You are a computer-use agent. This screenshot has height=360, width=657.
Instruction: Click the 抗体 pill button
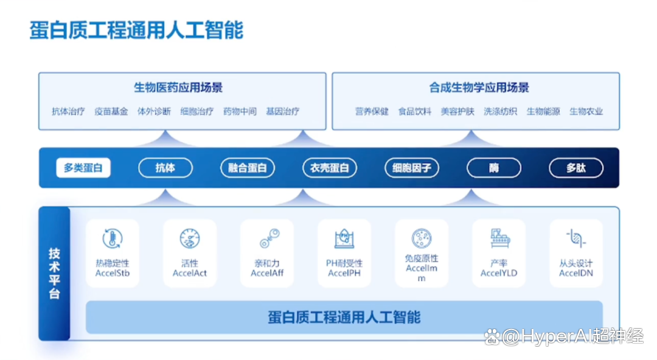165,168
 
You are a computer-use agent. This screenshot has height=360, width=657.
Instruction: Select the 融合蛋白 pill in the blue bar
248,168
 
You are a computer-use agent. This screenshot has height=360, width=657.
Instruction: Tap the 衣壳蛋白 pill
330,168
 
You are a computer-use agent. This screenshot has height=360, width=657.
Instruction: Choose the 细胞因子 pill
412,168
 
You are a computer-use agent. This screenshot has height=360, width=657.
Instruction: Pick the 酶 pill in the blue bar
494,168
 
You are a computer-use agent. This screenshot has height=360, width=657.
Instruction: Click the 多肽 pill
576,168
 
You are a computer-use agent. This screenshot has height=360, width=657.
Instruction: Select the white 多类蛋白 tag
83,168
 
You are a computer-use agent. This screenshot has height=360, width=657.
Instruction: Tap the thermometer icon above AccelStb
113,239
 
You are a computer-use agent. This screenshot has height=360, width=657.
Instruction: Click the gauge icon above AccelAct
190,239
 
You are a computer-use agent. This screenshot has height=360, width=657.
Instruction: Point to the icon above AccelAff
269,238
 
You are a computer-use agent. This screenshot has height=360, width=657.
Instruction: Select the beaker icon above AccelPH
344,239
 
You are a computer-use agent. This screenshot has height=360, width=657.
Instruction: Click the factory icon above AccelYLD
500,238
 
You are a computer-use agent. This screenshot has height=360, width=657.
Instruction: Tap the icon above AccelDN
576,238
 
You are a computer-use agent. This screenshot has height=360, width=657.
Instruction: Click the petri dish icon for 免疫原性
422,239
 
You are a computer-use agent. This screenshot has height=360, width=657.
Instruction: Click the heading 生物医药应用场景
178,88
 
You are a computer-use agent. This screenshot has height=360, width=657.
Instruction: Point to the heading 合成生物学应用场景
479,88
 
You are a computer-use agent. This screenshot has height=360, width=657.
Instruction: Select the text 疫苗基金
111,111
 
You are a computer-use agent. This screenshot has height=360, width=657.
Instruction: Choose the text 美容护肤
457,111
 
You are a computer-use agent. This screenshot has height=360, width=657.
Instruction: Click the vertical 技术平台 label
55,273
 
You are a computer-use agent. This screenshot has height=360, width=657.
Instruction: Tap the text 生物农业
586,111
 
